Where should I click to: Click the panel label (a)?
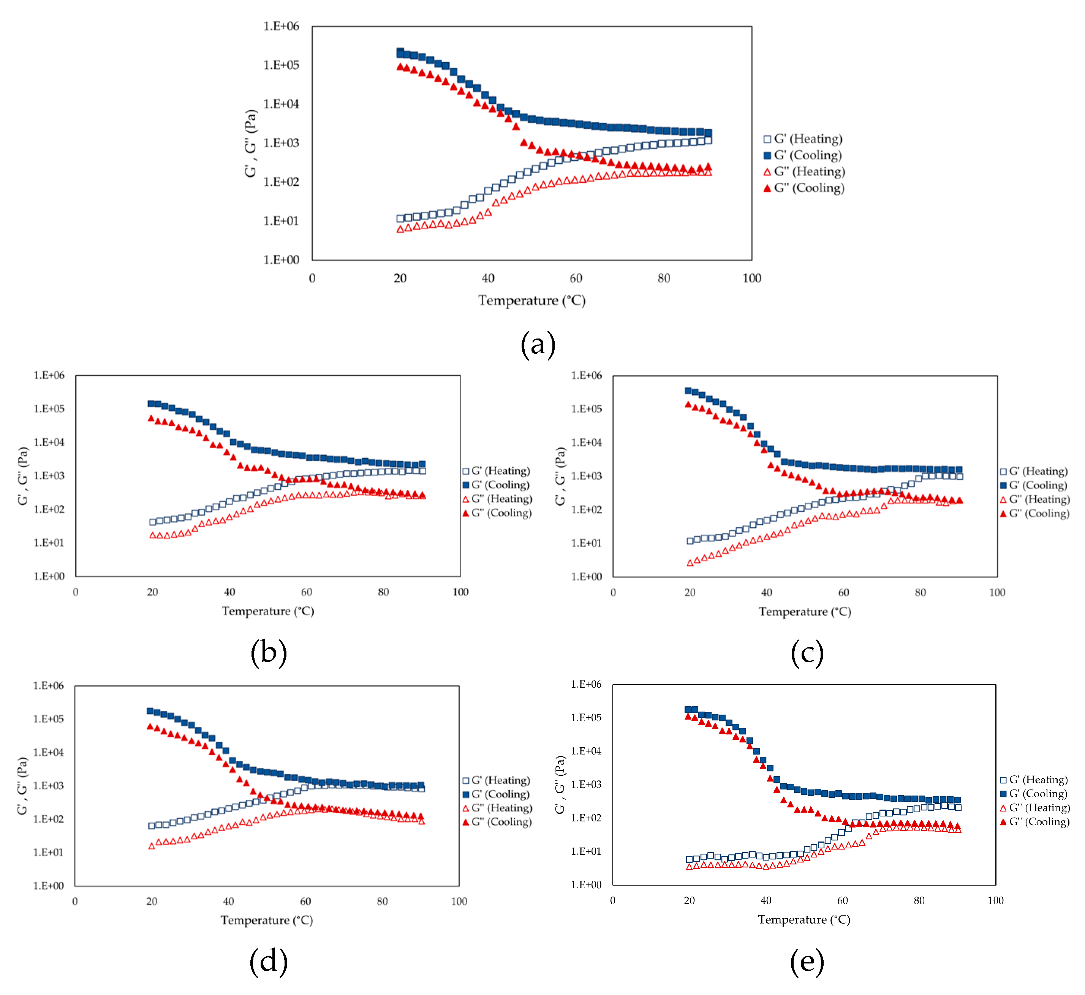point(538,345)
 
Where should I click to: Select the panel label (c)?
point(807,653)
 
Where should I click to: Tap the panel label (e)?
point(806,962)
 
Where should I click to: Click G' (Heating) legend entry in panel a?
point(803,139)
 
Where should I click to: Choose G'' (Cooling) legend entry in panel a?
point(804,188)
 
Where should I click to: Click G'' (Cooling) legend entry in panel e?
point(1034,822)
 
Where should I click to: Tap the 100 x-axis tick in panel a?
point(752,278)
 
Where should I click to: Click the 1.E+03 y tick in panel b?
point(49,476)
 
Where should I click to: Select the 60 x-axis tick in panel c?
point(843,593)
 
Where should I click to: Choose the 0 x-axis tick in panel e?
point(613,901)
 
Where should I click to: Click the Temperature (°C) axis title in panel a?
point(531,301)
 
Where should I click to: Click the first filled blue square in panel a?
point(400,52)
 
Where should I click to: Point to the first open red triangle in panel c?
point(690,563)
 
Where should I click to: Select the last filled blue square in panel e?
point(957,800)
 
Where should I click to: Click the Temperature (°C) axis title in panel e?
point(804,920)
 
